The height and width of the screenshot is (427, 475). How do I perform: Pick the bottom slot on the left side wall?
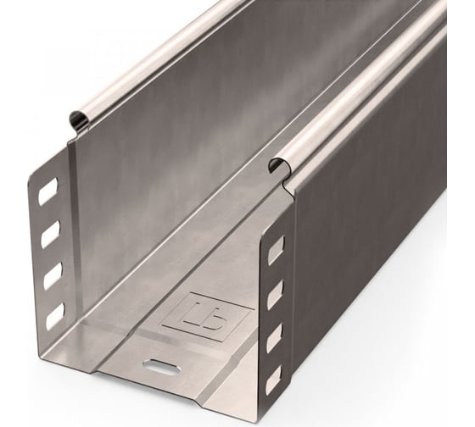54,316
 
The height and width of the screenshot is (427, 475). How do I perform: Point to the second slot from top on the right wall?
275,294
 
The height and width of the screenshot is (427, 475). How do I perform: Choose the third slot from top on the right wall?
274,339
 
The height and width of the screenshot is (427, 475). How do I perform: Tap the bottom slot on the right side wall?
273,381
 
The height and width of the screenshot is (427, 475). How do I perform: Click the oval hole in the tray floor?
159,366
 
